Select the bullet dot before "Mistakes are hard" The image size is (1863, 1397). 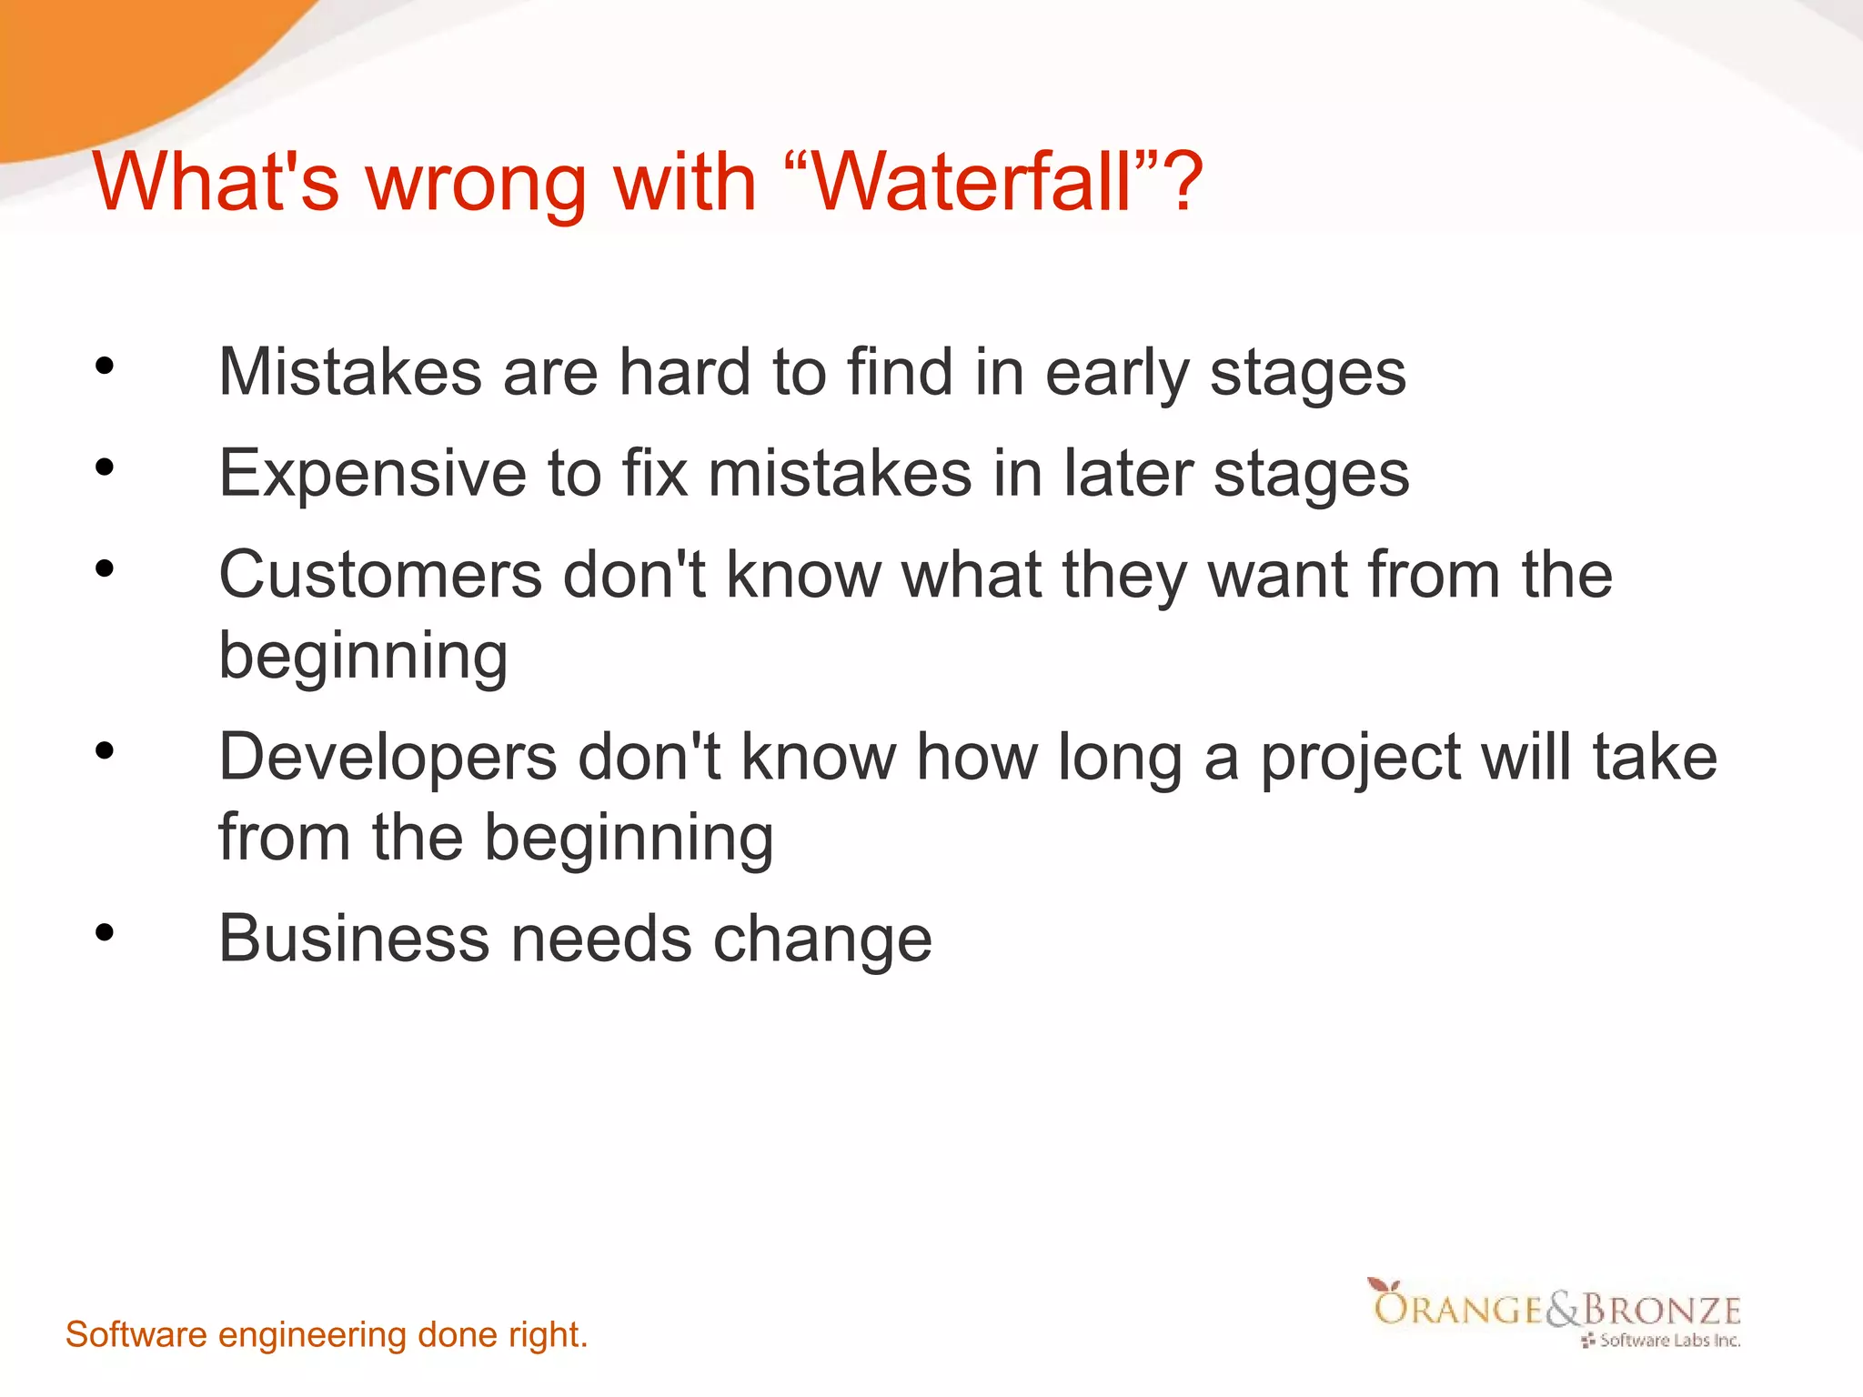pyautogui.click(x=105, y=366)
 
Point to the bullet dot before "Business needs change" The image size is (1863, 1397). pyautogui.click(x=105, y=932)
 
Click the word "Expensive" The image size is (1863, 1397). pyautogui.click(x=372, y=475)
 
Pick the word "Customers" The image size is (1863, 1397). pyautogui.click(x=380, y=575)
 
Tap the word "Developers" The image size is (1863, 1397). pyautogui.click(x=388, y=757)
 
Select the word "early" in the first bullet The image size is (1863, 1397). pyautogui.click(x=1116, y=375)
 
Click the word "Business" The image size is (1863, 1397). pyautogui.click(x=354, y=939)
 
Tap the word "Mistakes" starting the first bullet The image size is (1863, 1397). pyautogui.click(x=350, y=373)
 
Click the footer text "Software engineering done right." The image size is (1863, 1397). pyautogui.click(x=327, y=1335)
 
